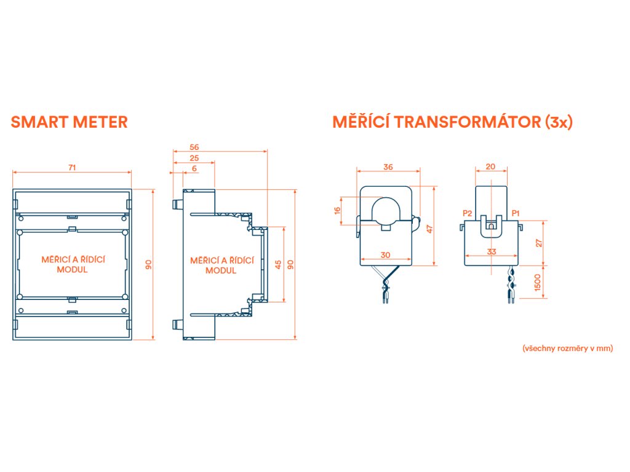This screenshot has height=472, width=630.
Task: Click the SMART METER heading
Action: (70, 122)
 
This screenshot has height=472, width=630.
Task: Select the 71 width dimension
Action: (73, 167)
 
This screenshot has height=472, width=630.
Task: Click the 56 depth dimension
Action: (194, 147)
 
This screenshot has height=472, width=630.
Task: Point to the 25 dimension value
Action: (194, 158)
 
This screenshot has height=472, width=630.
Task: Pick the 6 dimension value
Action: (194, 168)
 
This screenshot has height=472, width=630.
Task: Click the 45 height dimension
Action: (278, 264)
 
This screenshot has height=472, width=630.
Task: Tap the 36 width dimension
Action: (388, 167)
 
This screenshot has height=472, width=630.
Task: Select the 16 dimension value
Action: (337, 210)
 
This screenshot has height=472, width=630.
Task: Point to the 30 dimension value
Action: (386, 255)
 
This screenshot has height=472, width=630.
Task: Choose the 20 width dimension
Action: (490, 167)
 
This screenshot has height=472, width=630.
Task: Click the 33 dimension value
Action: (491, 251)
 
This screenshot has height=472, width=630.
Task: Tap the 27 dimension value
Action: (539, 243)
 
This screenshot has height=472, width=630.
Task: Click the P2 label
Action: (467, 213)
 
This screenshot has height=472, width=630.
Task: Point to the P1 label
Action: (516, 213)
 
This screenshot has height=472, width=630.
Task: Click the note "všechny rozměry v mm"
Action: (567, 348)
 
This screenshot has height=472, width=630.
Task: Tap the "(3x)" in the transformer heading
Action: (559, 122)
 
